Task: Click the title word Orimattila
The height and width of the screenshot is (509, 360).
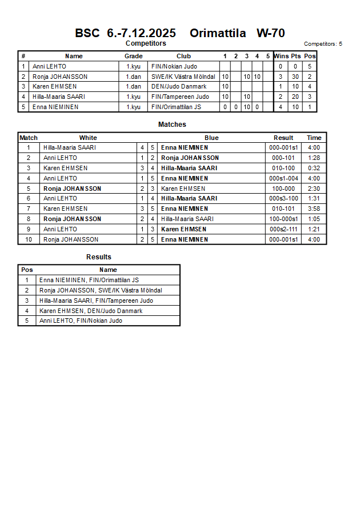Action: pyautogui.click(x=218, y=33)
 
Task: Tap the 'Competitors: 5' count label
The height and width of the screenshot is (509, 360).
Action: pyautogui.click(x=323, y=43)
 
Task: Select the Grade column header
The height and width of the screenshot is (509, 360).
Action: pyautogui.click(x=133, y=56)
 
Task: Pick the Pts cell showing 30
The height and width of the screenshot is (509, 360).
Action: pyautogui.click(x=295, y=77)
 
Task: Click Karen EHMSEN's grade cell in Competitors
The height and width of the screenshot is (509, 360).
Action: pyautogui.click(x=133, y=86)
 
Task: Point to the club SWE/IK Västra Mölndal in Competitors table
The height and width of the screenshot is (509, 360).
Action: pyautogui.click(x=183, y=77)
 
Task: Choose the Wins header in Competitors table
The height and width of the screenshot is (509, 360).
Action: pyautogui.click(x=281, y=56)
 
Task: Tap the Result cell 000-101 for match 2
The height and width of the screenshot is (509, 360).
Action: pyautogui.click(x=283, y=158)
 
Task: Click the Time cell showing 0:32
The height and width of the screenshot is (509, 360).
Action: pyautogui.click(x=314, y=168)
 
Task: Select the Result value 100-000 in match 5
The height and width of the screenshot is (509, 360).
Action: pyautogui.click(x=283, y=189)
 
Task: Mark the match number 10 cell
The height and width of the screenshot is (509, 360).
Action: pyautogui.click(x=28, y=239)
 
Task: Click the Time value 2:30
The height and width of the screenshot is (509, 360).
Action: pyautogui.click(x=314, y=189)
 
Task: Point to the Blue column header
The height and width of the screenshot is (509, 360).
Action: pyautogui.click(x=211, y=138)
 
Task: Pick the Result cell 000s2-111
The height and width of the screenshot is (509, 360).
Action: pyautogui.click(x=283, y=229)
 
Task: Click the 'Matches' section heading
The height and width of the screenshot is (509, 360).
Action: pyautogui.click(x=172, y=125)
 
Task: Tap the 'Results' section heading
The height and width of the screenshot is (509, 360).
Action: pyautogui.click(x=99, y=257)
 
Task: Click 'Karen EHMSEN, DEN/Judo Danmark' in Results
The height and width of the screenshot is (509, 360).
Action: pyautogui.click(x=90, y=311)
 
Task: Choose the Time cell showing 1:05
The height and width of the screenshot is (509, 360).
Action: pyautogui.click(x=314, y=219)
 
